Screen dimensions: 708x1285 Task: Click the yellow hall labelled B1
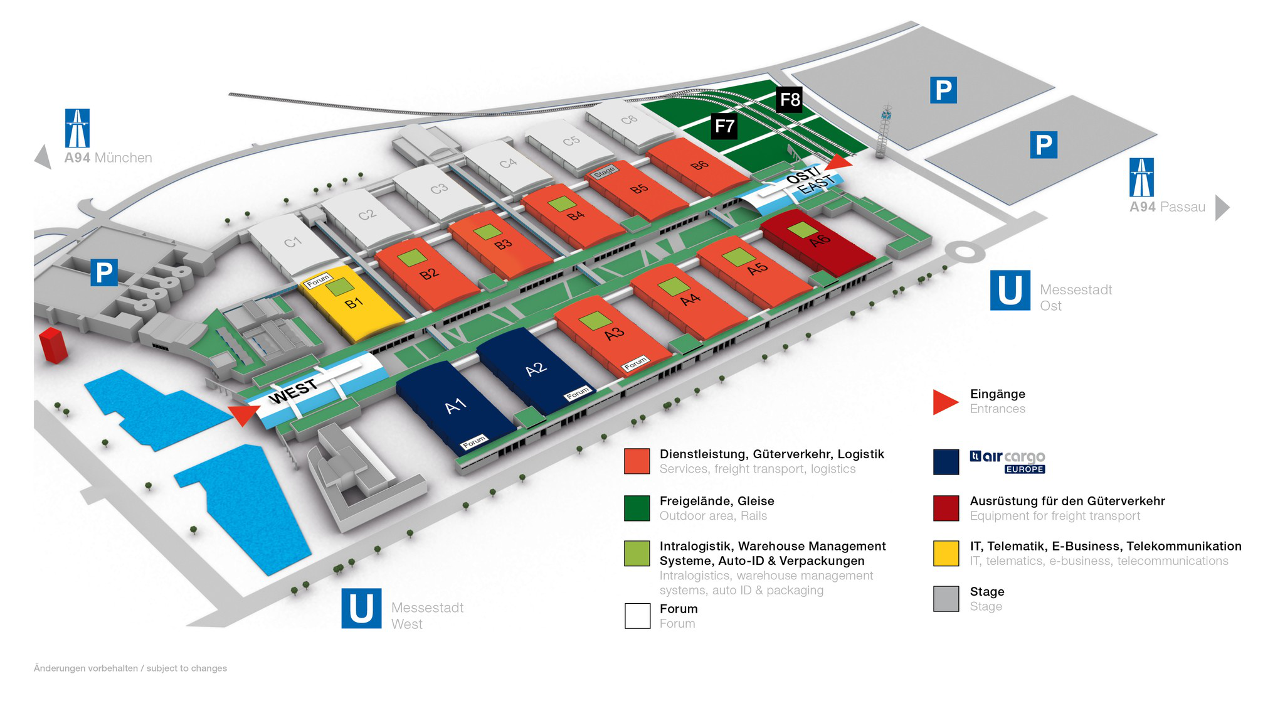point(354,304)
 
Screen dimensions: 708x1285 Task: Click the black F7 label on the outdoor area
point(724,127)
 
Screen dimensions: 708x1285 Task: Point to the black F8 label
point(790,100)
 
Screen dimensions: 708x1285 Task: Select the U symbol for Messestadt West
point(361,608)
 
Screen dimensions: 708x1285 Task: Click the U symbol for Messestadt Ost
point(1010,291)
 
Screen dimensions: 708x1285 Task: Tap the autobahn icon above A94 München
point(77,128)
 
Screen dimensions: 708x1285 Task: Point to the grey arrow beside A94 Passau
point(1222,207)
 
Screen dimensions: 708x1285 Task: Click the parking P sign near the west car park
point(104,272)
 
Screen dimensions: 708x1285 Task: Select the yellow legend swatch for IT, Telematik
point(946,554)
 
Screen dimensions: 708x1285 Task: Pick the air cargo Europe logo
point(1007,461)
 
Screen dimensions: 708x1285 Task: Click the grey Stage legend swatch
point(946,599)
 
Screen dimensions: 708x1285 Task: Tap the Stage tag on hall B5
point(605,171)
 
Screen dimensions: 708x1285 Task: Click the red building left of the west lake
point(53,345)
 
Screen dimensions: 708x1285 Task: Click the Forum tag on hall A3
point(635,363)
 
